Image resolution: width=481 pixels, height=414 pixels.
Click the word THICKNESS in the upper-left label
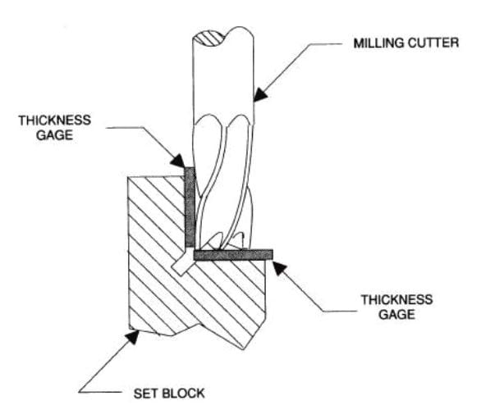click(x=55, y=121)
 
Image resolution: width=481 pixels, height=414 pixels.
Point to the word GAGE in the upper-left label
click(x=55, y=134)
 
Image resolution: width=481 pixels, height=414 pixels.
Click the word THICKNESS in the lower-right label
click(x=396, y=300)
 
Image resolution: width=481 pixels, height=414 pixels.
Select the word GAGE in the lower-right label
click(x=396, y=315)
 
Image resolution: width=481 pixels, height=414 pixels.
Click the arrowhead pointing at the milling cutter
click(x=260, y=94)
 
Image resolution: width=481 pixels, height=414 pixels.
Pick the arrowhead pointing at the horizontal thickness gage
click(x=279, y=268)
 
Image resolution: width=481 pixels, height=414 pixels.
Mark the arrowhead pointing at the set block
click(x=132, y=336)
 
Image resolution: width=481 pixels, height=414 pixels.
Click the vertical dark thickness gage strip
click(x=190, y=207)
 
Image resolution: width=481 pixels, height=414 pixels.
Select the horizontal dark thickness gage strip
click(x=233, y=255)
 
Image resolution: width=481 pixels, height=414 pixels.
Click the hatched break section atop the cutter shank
click(x=209, y=39)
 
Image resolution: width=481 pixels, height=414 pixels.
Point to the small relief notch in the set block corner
click(x=182, y=265)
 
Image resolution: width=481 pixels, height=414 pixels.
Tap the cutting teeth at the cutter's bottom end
click(x=222, y=241)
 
